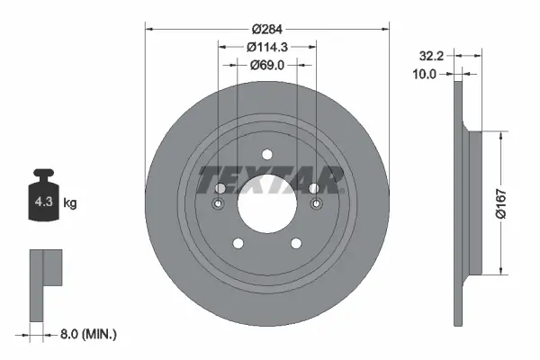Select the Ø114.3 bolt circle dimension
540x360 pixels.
[x=267, y=46]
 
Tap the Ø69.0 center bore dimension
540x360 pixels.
[x=267, y=64]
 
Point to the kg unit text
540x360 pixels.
[x=70, y=203]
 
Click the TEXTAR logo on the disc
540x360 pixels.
[x=268, y=180]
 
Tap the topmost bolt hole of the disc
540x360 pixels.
[x=267, y=155]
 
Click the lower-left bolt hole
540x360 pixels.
[x=238, y=243]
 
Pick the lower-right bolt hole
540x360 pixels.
[x=296, y=243]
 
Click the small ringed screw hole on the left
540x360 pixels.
[x=219, y=205]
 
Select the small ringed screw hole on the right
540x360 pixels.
[x=316, y=205]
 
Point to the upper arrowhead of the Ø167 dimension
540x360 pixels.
[x=499, y=134]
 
